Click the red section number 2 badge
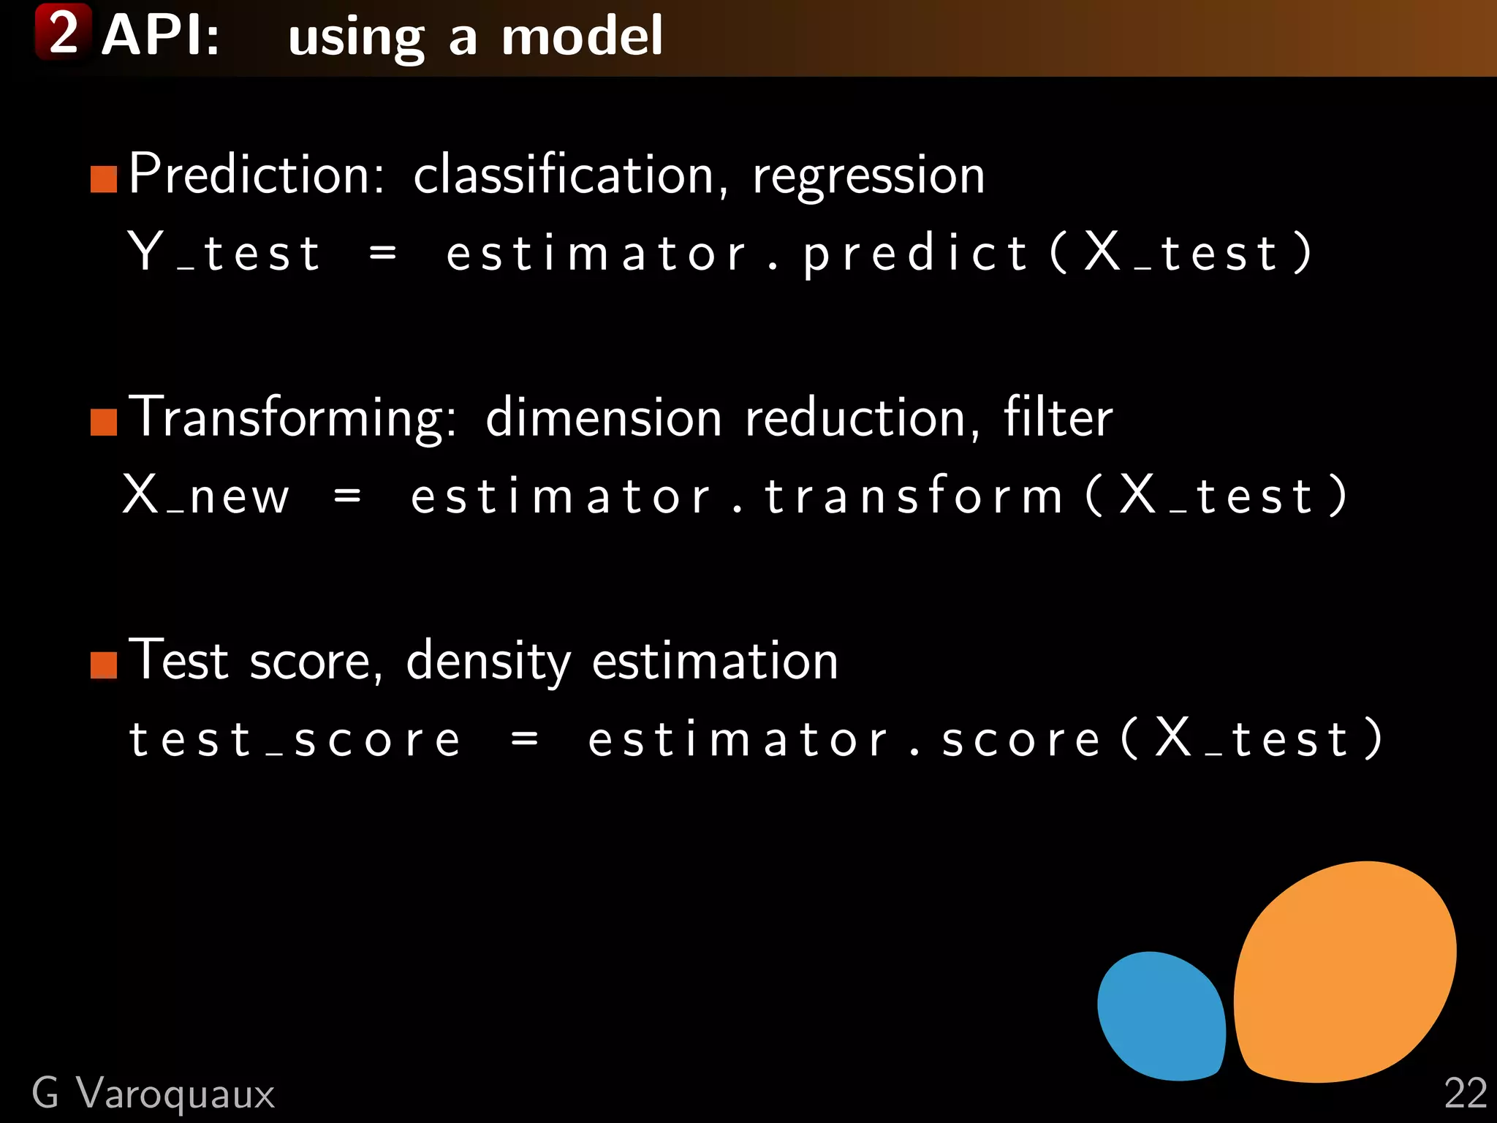pos(63,32)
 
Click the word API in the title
pos(160,35)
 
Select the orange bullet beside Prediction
pos(104,178)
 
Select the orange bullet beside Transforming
pos(104,422)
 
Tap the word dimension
pos(603,418)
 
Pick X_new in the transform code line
pos(206,496)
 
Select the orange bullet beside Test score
pos(104,665)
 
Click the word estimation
pos(714,661)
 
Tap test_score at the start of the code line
pos(295,739)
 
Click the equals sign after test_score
pos(525,739)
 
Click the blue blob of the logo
pos(1161,1016)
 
